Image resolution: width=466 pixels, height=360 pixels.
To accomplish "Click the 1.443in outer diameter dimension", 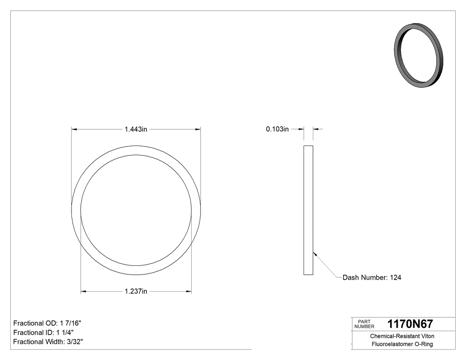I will [x=136, y=129].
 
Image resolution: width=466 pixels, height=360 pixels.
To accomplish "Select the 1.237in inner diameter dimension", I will [x=136, y=292].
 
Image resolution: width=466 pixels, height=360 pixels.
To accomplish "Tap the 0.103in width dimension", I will [x=277, y=129].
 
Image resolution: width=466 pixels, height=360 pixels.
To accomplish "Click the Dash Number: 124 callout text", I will [x=372, y=277].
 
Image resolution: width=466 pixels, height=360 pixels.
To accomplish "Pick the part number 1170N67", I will [x=410, y=324].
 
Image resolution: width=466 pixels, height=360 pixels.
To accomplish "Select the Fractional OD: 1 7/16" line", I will [x=47, y=323].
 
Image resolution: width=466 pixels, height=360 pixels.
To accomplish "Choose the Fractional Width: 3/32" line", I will [x=48, y=342].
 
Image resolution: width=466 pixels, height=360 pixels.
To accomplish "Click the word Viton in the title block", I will [x=427, y=336].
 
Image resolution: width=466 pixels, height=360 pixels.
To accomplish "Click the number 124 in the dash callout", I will [x=395, y=277].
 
